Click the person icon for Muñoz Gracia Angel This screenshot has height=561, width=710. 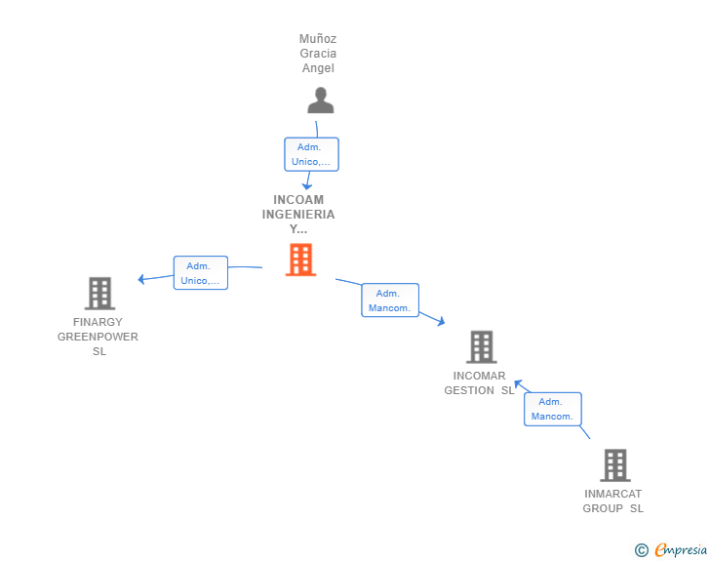click(x=321, y=100)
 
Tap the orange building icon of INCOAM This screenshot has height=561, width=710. click(x=300, y=260)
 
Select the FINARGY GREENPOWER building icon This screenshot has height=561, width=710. click(x=100, y=294)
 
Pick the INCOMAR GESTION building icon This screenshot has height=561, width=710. click(x=482, y=347)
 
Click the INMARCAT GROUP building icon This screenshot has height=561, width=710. click(x=615, y=465)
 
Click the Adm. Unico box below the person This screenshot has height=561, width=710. click(x=311, y=154)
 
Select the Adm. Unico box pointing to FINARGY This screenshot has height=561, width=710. click(x=201, y=273)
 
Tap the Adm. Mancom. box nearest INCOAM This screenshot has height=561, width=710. click(x=390, y=301)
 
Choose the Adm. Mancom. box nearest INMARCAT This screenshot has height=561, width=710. click(x=553, y=409)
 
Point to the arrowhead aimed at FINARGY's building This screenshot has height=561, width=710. click(x=141, y=279)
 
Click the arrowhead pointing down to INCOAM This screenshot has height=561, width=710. click(x=307, y=186)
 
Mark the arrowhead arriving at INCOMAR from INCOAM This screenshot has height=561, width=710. click(x=441, y=321)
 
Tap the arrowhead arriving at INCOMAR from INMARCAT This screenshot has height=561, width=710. click(x=519, y=383)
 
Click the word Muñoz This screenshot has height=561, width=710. click(x=318, y=38)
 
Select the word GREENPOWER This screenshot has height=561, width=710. click(x=98, y=337)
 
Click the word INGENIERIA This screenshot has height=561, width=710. click(x=298, y=215)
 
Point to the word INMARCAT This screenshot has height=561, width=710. click(x=613, y=494)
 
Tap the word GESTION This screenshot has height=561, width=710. click(x=469, y=390)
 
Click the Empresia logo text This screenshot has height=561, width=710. click(x=681, y=550)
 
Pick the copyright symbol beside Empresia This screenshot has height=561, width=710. click(x=642, y=550)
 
